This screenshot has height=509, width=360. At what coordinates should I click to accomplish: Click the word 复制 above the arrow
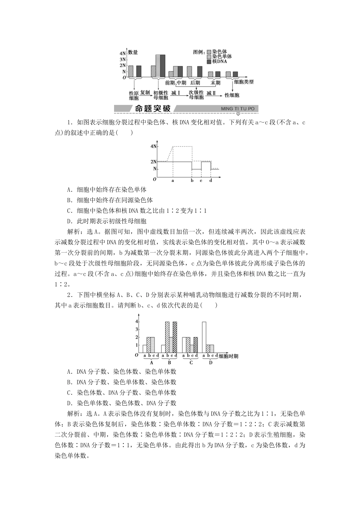(145, 92)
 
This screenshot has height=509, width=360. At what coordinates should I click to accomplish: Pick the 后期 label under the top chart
(195, 83)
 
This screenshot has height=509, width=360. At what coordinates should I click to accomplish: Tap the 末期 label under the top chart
(215, 83)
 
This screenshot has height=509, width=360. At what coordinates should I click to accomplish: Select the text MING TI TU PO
(238, 109)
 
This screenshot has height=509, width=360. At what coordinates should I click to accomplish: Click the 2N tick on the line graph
(153, 162)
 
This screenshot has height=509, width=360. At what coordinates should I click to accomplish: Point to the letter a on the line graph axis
(173, 181)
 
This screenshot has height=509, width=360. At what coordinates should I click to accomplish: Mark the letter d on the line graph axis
(211, 181)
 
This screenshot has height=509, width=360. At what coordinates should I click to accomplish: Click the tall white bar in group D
(204, 337)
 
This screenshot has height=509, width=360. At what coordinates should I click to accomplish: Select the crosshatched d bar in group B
(175, 337)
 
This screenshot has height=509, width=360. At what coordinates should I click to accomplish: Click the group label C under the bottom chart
(191, 362)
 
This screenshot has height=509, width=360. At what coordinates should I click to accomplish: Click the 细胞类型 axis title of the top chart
(244, 81)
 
